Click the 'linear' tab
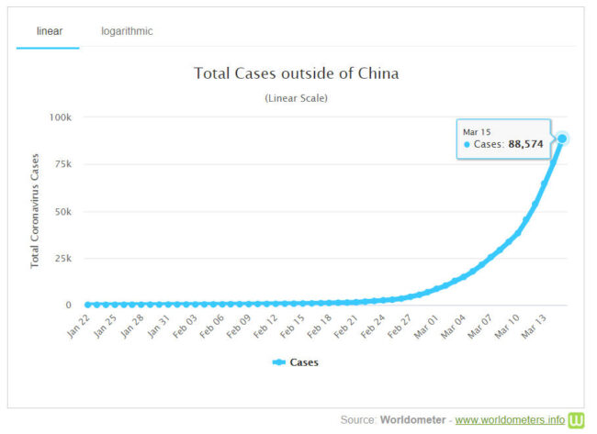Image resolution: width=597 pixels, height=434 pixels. point(48,31)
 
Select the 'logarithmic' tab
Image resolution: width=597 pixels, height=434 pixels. point(127,31)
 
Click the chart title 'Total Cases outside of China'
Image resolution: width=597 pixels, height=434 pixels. point(296,73)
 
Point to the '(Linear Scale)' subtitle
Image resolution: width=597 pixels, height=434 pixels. point(296,97)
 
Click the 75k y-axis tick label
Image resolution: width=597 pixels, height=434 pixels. point(62,164)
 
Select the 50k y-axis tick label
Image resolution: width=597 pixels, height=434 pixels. point(62,211)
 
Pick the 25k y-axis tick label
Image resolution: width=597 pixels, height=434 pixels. point(62,258)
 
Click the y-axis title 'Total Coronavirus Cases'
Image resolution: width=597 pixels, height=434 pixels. point(35,211)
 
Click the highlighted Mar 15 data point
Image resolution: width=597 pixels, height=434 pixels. point(562,138)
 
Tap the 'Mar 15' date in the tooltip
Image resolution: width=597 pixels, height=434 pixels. point(478,131)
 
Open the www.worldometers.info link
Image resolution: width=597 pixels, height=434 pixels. point(511,420)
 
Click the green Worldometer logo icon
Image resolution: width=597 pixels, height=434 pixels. point(577,419)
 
